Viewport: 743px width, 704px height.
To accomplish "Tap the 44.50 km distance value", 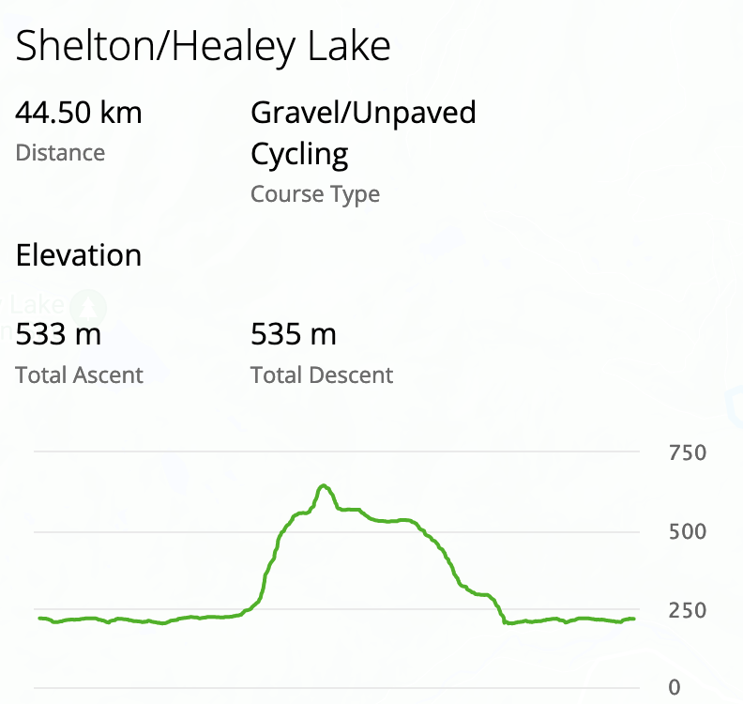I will (x=79, y=114).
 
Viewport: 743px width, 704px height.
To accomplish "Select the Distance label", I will (x=60, y=153).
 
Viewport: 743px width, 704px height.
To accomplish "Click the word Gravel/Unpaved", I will (x=363, y=114).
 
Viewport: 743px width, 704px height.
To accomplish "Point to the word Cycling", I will (x=299, y=154).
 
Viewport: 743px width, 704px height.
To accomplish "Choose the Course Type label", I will (x=315, y=194).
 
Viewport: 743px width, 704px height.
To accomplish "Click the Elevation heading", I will (x=79, y=255).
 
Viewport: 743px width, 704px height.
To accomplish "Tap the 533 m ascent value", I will (x=58, y=333).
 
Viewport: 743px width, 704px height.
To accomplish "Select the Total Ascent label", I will (x=79, y=375).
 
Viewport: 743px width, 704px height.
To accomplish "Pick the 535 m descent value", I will (x=294, y=333).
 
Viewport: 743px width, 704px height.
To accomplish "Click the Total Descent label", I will (x=322, y=375).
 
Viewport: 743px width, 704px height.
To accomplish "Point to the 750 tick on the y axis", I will (x=687, y=453).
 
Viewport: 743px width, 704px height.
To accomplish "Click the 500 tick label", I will (x=687, y=531).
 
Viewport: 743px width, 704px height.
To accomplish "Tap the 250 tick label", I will (x=687, y=610).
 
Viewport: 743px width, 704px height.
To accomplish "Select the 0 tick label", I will (x=674, y=688).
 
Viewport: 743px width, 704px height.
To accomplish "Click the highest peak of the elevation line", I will (x=324, y=485).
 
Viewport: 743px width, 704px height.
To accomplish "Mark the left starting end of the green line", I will (x=39, y=618).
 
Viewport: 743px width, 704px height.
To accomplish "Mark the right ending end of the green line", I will (x=635, y=619).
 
